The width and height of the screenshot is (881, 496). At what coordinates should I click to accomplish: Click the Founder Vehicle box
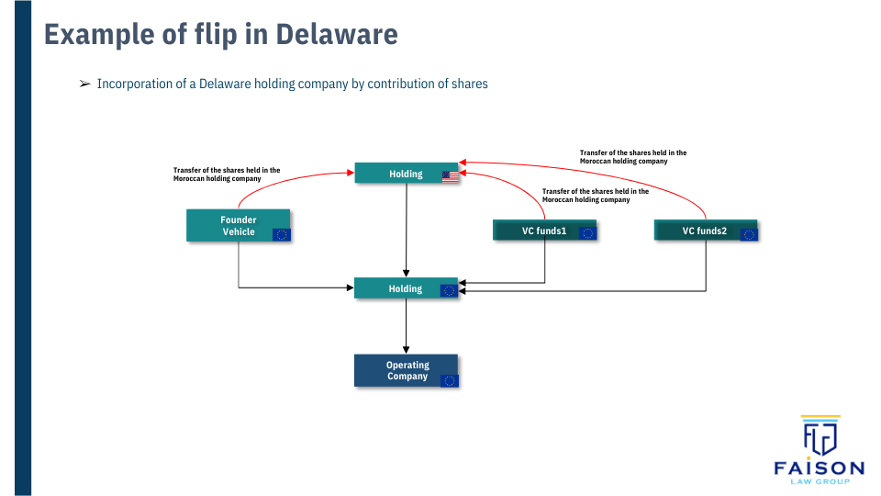point(239,226)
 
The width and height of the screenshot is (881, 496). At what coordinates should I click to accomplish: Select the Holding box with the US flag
point(407,174)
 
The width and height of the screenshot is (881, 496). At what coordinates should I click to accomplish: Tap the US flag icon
point(450,175)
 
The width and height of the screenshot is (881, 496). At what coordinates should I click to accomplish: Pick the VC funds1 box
point(545,231)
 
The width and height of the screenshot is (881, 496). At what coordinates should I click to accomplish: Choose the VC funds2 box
point(705,231)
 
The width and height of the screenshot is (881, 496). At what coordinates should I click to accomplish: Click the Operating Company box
point(407,370)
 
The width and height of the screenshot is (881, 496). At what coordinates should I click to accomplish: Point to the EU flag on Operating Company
point(449,380)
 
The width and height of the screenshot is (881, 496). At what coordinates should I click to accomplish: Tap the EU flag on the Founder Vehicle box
point(282,234)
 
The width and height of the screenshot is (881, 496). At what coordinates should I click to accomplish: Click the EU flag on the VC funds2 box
point(749,234)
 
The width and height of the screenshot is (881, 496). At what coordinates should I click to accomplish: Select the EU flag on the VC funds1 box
point(588,233)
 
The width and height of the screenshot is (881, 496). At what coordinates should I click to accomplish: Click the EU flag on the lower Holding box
point(448,290)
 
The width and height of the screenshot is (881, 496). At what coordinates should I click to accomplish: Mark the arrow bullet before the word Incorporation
point(84,84)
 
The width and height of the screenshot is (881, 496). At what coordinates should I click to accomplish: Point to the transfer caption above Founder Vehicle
point(227,174)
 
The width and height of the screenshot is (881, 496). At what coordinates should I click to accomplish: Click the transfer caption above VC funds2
point(633,156)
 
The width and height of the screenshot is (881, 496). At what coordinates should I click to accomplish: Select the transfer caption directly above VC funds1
point(596,195)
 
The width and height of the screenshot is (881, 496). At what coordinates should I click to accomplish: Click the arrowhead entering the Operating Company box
point(407,350)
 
